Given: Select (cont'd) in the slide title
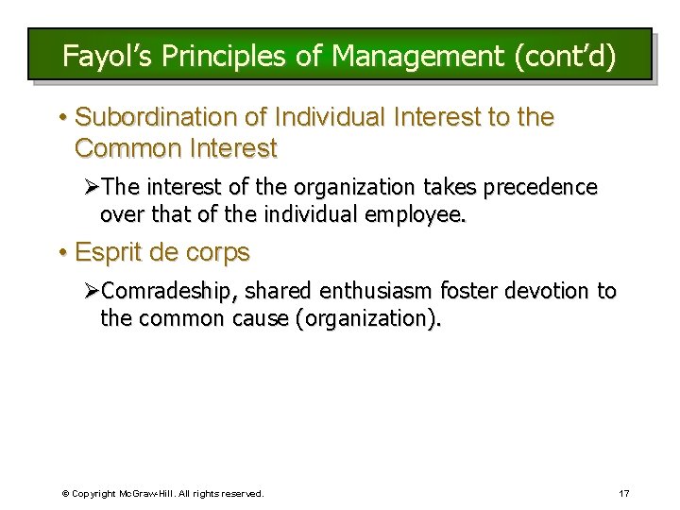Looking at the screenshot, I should click(x=566, y=56).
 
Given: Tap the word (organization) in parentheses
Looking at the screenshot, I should click(x=368, y=319).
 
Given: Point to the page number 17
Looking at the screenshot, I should click(x=623, y=493).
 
